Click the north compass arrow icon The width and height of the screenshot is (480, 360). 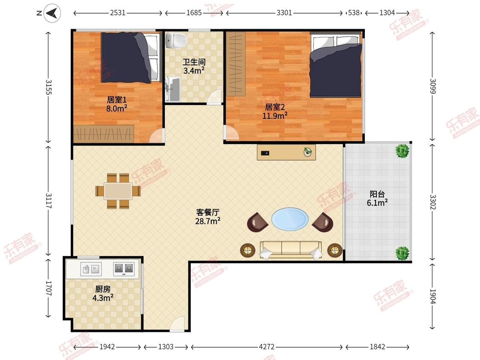(52, 13)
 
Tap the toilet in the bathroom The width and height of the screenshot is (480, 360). (176, 40)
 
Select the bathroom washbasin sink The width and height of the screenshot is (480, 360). (173, 89)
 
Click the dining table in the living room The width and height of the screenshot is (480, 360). (118, 192)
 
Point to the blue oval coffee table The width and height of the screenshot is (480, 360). (290, 219)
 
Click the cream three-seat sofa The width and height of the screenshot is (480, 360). (291, 249)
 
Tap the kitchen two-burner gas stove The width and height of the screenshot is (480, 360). (124, 268)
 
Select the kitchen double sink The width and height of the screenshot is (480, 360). (91, 269)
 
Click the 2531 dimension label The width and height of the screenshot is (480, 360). (118, 13)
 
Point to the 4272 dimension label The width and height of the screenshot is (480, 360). (267, 346)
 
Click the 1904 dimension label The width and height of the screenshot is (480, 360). (433, 296)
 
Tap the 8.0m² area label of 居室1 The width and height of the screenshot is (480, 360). (116, 108)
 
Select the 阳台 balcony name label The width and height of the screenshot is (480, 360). (377, 194)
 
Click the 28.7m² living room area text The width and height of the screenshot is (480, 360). (208, 221)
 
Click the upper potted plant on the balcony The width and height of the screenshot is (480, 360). (402, 151)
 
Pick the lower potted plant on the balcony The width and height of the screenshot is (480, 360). (402, 253)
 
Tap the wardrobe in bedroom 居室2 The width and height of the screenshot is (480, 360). (236, 64)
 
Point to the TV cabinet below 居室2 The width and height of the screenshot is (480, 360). (286, 152)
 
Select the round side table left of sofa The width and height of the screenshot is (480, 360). (247, 250)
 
